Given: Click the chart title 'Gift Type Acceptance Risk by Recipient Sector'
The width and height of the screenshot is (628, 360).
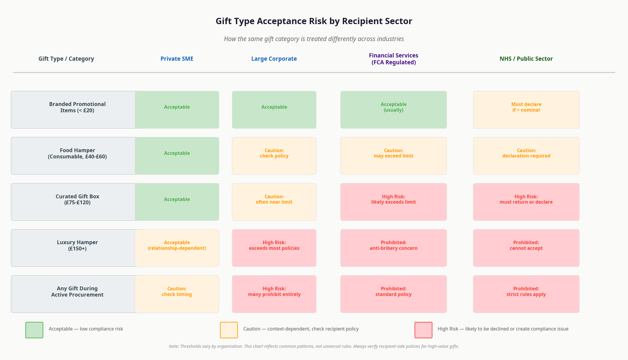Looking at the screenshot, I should point(314,21).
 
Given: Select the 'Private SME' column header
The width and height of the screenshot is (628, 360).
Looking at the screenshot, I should point(177,59).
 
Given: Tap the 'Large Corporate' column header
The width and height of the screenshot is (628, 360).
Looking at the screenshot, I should point(274,59).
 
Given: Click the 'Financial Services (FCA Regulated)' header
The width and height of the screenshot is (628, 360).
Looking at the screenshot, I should point(393,59).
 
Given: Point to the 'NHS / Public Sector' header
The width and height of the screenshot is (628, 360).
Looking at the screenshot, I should point(526,59).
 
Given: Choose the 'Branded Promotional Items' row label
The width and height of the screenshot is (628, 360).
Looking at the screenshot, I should point(77,107).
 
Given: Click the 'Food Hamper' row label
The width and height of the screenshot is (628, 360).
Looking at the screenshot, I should point(77,153).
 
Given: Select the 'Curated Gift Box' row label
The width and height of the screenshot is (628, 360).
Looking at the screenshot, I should point(77,199).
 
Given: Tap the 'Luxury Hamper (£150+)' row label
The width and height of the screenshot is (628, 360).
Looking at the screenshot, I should point(77,245).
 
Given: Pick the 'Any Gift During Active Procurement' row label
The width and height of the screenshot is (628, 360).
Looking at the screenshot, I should point(77,292).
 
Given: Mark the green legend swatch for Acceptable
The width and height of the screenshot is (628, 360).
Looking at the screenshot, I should point(34,330).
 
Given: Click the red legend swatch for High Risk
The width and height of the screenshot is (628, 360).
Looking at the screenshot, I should point(423,330).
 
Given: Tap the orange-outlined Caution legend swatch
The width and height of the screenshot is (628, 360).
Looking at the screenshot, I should point(229,330).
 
